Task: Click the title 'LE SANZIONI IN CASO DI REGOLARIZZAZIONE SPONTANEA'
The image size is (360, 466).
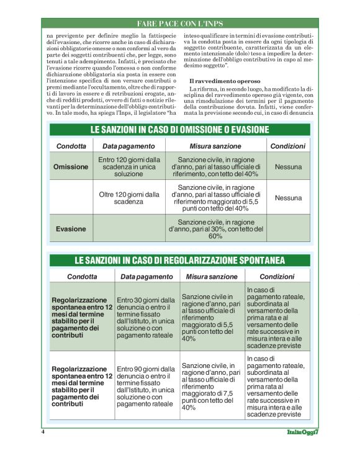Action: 179,259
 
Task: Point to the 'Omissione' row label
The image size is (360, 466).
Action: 71,167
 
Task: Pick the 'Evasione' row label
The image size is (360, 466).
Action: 71,229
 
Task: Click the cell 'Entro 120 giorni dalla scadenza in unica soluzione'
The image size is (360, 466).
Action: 129,167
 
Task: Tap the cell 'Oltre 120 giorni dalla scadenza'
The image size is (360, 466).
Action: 129,198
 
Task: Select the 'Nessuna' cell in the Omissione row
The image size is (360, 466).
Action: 288,167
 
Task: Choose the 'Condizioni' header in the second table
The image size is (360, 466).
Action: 277,276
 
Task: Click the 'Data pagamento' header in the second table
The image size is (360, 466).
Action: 147,276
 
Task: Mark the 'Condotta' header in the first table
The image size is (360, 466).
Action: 71,146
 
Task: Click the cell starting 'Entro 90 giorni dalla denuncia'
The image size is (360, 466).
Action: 146,386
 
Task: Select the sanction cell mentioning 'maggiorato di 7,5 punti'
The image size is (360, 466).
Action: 212,386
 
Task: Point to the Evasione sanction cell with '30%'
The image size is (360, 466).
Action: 216,229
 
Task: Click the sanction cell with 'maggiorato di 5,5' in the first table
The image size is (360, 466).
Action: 216,198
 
